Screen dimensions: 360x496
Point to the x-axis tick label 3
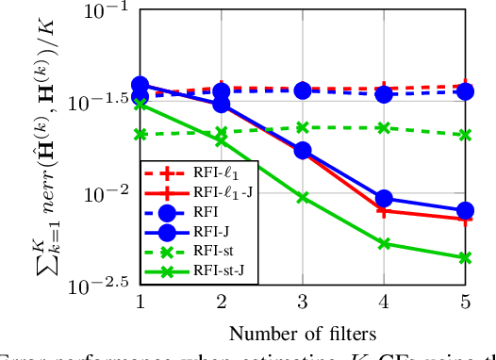click(303, 301)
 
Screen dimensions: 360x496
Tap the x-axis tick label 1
click(140, 301)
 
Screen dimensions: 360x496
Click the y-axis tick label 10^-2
click(106, 195)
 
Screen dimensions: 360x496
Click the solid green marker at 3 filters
click(303, 197)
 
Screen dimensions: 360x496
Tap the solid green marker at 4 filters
click(384, 243)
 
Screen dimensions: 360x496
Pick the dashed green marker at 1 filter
click(140, 134)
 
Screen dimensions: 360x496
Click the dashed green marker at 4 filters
click(384, 127)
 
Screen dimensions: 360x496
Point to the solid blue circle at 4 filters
click(384, 198)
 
